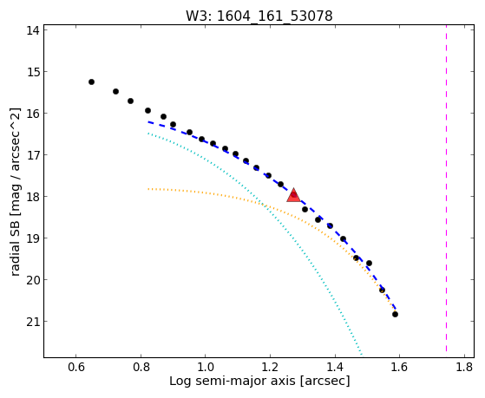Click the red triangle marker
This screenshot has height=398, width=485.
pos(293,195)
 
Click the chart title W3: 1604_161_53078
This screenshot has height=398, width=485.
pos(259,16)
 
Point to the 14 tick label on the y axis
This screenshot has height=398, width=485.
pos(32,30)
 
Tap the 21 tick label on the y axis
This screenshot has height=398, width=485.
pos(32,322)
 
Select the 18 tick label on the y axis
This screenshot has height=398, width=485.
pos(32,197)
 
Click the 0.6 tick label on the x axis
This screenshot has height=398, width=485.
pos(76,367)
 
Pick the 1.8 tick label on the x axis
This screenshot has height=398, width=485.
pos(464,367)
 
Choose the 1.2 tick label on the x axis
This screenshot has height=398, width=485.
pos(271,367)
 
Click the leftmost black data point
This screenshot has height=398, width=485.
pos(91,82)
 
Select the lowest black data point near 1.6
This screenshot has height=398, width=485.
pos(395,314)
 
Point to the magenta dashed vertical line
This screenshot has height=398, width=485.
pos(446,188)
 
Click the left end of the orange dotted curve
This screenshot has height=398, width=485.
pos(148,189)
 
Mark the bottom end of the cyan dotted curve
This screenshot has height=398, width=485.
pos(361,354)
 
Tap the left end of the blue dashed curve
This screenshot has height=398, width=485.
pos(148,122)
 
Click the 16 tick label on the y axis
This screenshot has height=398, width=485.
pos(32,114)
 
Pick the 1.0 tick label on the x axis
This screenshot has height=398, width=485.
pos(206,367)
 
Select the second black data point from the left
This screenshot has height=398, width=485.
pos(115,91)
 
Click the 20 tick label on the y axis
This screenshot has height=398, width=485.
pos(32,280)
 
